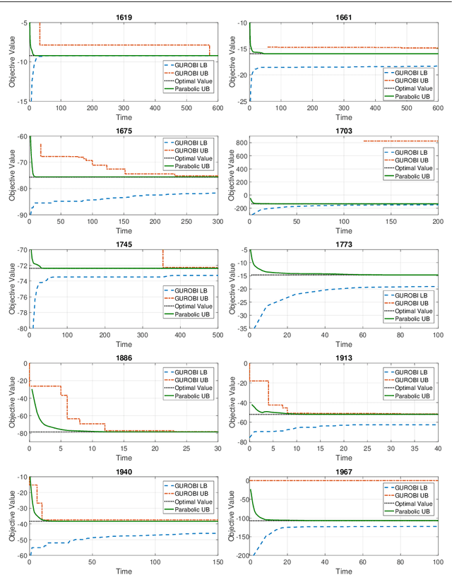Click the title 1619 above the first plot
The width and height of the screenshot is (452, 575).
click(x=124, y=16)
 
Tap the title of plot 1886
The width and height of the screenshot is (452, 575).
click(x=124, y=358)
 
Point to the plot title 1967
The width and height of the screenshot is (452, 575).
click(x=344, y=472)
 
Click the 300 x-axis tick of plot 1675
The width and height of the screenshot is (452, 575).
click(x=217, y=223)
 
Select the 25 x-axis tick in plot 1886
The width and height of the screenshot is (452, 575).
click(x=186, y=450)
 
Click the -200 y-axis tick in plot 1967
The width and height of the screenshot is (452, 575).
click(x=237, y=556)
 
